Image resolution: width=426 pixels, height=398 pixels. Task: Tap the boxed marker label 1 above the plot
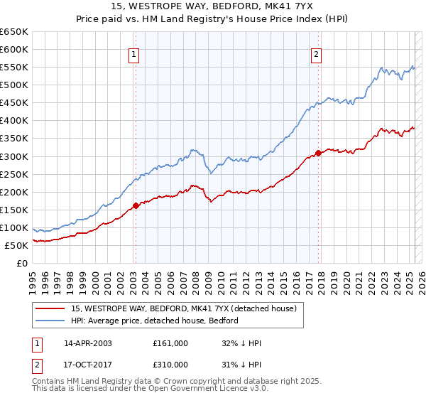coord(134,53)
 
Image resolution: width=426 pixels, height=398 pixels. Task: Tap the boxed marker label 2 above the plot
coord(316,53)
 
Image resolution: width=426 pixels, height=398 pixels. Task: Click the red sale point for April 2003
coord(136,205)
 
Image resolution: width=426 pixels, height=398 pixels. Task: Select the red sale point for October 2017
coord(318,152)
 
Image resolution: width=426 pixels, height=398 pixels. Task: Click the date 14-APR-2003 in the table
coord(88,343)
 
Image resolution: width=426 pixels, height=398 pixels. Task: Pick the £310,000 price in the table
coord(170,365)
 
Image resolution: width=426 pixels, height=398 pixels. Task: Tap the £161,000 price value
coord(170,343)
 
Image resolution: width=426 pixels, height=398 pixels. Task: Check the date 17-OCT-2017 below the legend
coord(88,365)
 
